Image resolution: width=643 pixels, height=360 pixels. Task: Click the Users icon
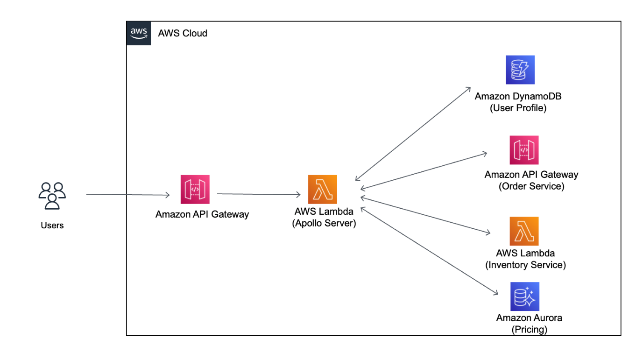(52, 196)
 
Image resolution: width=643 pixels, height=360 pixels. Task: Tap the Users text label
(52, 226)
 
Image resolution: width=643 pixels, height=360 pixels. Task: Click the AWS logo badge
(139, 33)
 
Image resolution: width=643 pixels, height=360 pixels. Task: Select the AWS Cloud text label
(183, 33)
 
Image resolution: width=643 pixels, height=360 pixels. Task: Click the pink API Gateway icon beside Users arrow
(195, 190)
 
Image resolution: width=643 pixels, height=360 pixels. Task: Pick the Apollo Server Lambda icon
(322, 190)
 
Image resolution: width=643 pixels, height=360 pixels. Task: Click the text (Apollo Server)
(324, 224)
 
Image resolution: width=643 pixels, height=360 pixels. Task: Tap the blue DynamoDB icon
(520, 70)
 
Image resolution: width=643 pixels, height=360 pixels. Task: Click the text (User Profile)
(518, 108)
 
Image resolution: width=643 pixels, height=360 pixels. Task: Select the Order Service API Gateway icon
(524, 150)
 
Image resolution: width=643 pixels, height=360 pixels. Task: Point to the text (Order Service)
(531, 186)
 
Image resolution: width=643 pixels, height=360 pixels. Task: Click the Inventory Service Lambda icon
(524, 231)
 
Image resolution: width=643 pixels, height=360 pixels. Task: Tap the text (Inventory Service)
(525, 265)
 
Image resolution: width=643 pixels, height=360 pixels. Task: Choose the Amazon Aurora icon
(525, 296)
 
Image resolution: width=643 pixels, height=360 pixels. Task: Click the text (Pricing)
(529, 329)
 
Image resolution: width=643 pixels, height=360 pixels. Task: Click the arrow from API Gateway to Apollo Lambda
(258, 194)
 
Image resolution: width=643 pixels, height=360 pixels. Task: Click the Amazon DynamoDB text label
(518, 96)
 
